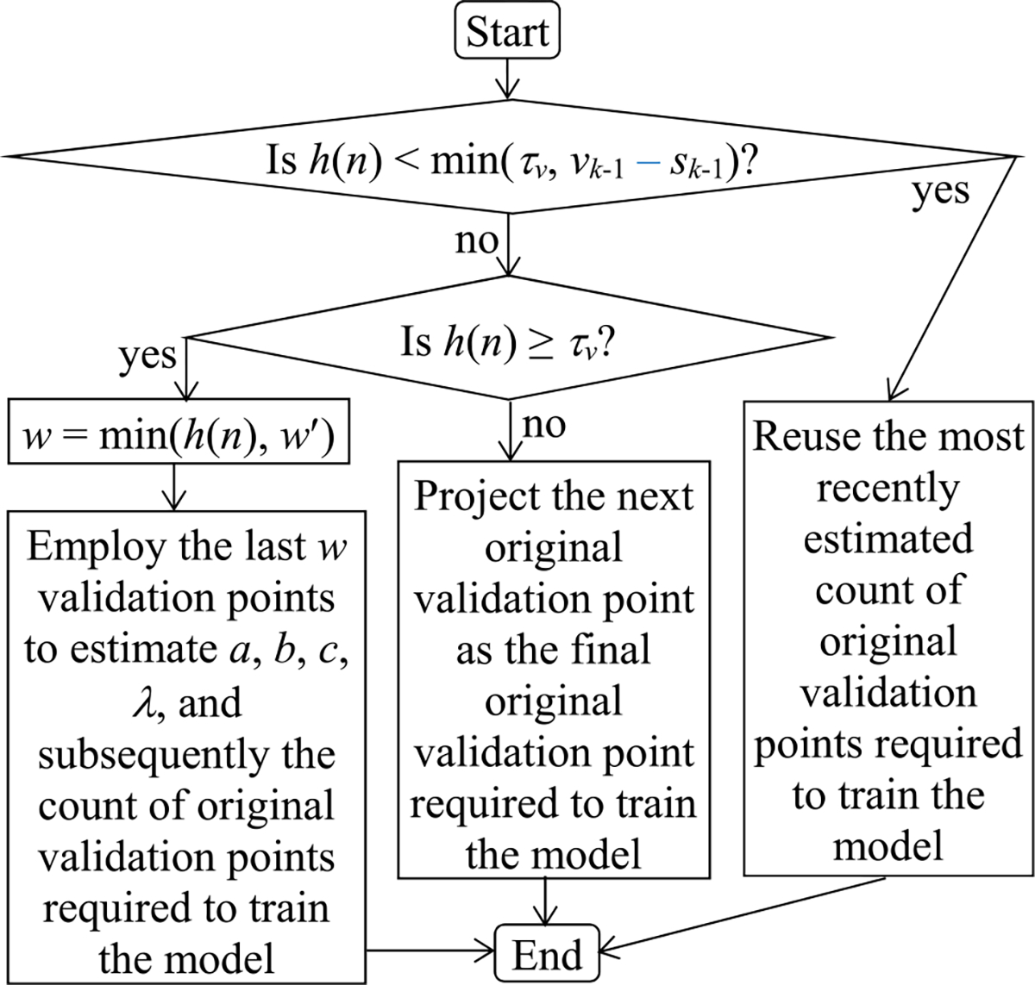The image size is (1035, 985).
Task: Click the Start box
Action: (x=507, y=32)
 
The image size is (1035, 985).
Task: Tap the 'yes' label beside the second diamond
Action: (x=147, y=354)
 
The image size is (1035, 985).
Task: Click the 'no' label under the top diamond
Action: (x=476, y=240)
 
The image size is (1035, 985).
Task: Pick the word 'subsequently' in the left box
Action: (x=148, y=755)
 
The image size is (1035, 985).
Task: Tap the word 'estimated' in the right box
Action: (x=888, y=539)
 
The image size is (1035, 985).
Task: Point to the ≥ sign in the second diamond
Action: (x=541, y=343)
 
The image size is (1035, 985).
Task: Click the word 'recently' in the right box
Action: (x=888, y=488)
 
